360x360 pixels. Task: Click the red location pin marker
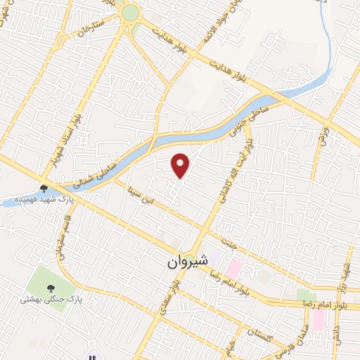(x=181, y=166)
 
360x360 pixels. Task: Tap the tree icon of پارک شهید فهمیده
(x=44, y=188)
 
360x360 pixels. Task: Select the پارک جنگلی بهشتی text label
(x=51, y=300)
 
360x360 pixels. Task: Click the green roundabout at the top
(x=130, y=13)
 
